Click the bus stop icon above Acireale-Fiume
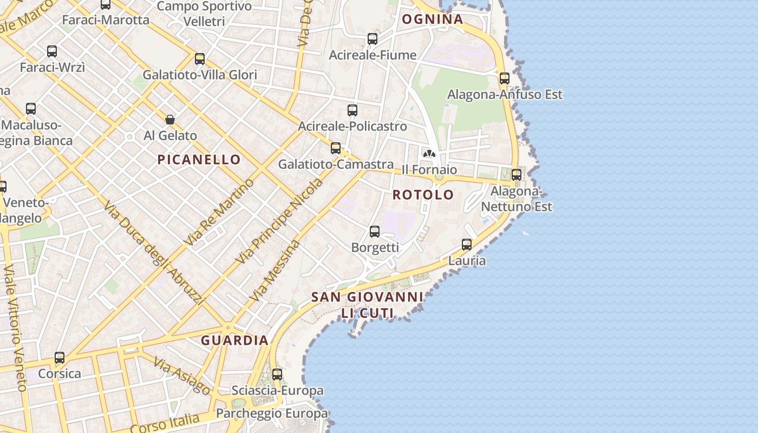(x=373, y=39)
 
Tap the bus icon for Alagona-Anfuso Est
(x=505, y=78)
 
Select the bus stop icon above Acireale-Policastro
(x=352, y=110)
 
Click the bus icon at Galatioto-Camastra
(x=336, y=148)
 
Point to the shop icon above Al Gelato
(x=170, y=120)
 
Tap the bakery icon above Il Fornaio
(x=429, y=154)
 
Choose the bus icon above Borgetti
(x=375, y=232)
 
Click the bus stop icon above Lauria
(x=467, y=245)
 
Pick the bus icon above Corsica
(x=60, y=358)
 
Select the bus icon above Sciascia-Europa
(x=277, y=375)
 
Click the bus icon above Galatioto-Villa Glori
(x=200, y=59)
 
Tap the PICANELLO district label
(x=199, y=160)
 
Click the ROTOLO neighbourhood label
(x=423, y=195)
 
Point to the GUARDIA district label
(x=235, y=340)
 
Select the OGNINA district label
(x=432, y=19)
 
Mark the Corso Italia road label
(x=165, y=423)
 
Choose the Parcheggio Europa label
(x=272, y=414)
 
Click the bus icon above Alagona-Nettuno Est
(x=517, y=175)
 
